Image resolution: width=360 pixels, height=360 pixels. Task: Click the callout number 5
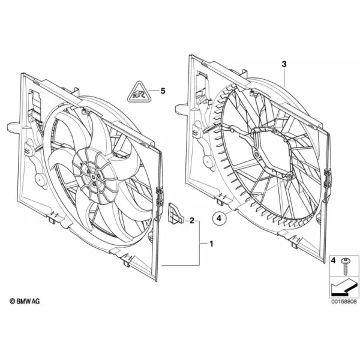(163, 91)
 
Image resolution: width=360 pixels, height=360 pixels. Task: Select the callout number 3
(284, 64)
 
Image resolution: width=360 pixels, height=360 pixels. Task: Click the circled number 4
(219, 218)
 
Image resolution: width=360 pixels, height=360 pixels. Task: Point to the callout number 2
(192, 221)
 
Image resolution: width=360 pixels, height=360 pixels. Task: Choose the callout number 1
(211, 244)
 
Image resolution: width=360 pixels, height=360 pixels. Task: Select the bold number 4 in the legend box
(334, 260)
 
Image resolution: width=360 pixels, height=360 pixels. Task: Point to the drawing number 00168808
(344, 301)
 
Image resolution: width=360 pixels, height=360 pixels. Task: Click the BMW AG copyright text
(25, 301)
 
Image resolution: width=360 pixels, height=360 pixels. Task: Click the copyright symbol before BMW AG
(13, 301)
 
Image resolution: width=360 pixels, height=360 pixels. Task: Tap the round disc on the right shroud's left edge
(208, 163)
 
